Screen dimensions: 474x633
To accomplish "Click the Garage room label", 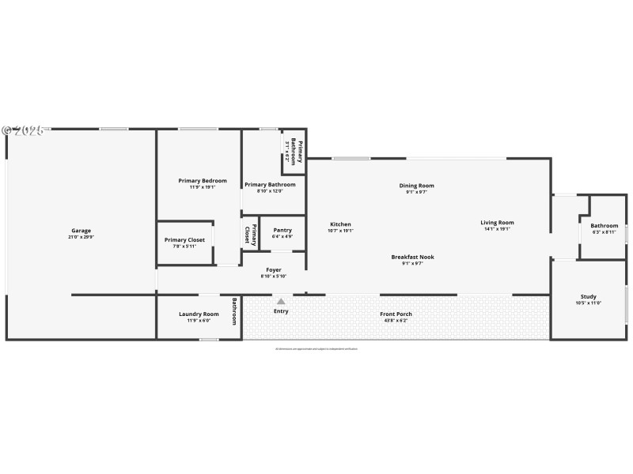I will pyautogui.click(x=81, y=231).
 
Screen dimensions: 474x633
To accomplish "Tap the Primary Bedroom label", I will pyautogui.click(x=202, y=181).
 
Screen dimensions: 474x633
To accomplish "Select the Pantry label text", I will pyautogui.click(x=282, y=230).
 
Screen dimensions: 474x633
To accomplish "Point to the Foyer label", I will pyautogui.click(x=273, y=269).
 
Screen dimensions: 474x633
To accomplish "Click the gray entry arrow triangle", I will pyautogui.click(x=281, y=300).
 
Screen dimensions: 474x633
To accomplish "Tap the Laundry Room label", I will pyautogui.click(x=199, y=314).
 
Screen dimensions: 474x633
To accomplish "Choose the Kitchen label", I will pyautogui.click(x=340, y=224).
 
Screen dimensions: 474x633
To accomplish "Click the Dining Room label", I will pyautogui.click(x=416, y=186).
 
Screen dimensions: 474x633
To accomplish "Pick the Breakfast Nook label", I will pyautogui.click(x=412, y=257).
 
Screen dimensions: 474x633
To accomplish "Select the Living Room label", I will pyautogui.click(x=497, y=223).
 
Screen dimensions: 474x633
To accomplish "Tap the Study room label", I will pyautogui.click(x=589, y=296).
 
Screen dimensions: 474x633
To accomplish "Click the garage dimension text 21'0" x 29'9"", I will pyautogui.click(x=81, y=237).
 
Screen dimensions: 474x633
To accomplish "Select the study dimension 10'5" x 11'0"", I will pyautogui.click(x=589, y=303).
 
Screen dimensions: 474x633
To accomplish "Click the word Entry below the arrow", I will pyautogui.click(x=281, y=311).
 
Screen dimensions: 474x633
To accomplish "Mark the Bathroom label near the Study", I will pyautogui.click(x=604, y=226).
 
